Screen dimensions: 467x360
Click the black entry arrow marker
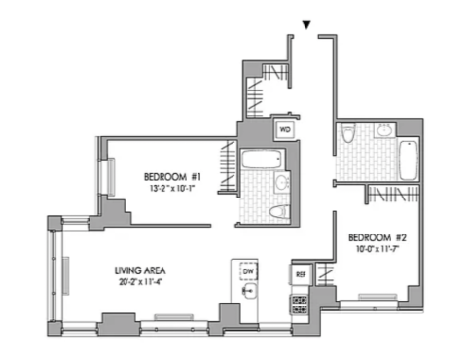(x=306, y=25)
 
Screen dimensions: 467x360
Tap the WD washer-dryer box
(x=285, y=130)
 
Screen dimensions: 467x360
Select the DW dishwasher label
(x=248, y=271)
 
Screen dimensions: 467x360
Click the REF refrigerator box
(x=301, y=274)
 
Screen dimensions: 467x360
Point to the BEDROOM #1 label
(x=172, y=177)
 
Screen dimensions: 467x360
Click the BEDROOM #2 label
(x=377, y=237)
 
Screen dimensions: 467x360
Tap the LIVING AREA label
(x=140, y=270)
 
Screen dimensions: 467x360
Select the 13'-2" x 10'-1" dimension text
(x=172, y=189)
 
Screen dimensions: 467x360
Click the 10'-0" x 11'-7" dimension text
(x=377, y=249)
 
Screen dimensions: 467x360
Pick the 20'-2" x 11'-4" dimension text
(x=140, y=282)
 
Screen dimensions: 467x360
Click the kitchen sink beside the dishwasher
(x=250, y=291)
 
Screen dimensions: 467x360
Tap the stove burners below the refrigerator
(x=300, y=305)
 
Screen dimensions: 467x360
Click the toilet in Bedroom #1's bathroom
(x=279, y=212)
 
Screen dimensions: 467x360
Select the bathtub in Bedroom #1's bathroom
(x=262, y=159)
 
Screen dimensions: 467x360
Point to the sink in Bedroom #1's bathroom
(x=282, y=182)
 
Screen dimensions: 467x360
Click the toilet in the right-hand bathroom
(x=348, y=132)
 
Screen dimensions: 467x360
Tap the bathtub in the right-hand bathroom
(x=409, y=161)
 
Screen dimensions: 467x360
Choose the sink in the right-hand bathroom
(x=385, y=130)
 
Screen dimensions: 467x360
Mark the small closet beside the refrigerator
(x=325, y=274)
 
